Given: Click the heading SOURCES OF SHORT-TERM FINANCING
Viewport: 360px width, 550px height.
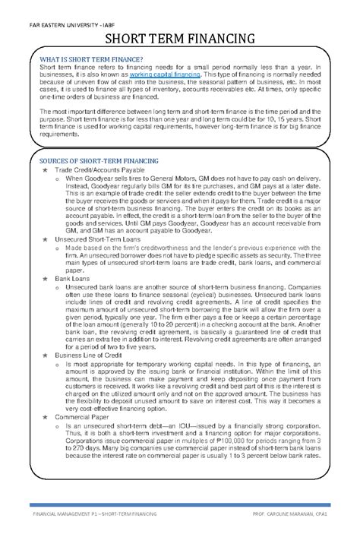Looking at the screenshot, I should tap(99, 162).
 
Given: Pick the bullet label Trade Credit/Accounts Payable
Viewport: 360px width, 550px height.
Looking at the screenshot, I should tap(101, 172).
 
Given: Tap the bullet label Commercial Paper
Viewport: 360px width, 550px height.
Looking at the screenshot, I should tap(83, 417).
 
